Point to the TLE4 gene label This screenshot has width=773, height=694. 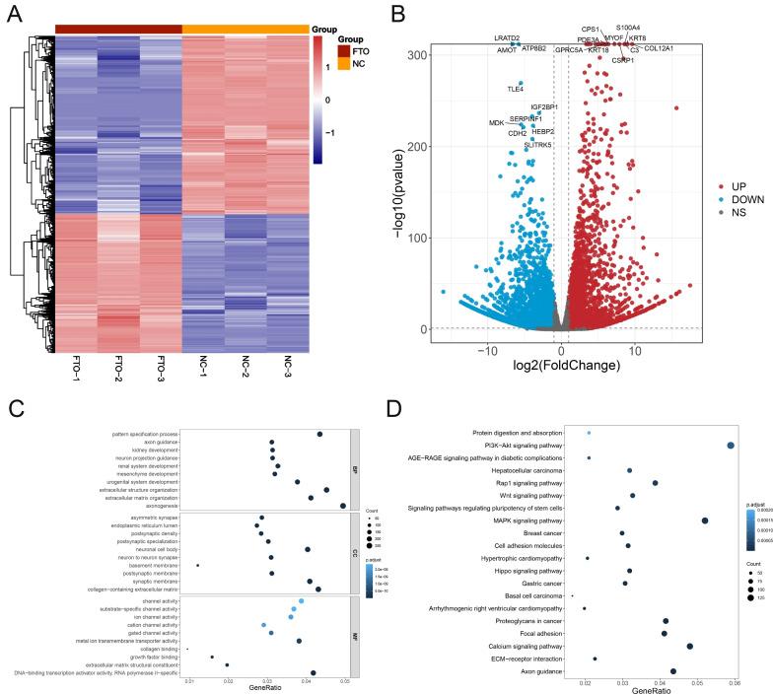[514, 89]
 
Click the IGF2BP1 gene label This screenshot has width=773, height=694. [544, 106]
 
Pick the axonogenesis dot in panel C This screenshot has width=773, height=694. [342, 506]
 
